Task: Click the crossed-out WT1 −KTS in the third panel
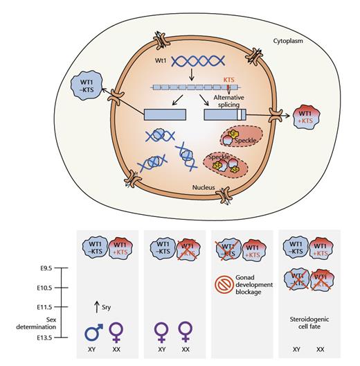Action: point(225,246)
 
